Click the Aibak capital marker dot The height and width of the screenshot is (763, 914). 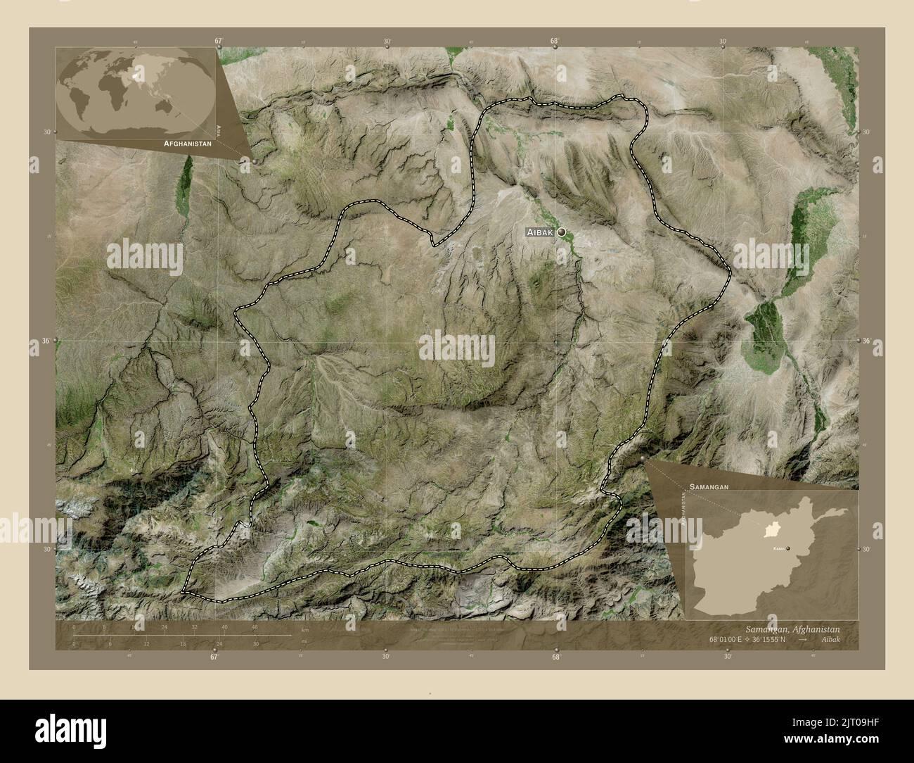562,232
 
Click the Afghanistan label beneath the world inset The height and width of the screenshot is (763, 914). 187,143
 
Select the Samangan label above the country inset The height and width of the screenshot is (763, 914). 709,486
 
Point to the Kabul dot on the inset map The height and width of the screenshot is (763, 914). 788,548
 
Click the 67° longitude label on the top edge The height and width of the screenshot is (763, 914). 218,42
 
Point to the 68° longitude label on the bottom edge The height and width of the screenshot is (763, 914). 555,657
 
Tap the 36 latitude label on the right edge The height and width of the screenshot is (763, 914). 866,341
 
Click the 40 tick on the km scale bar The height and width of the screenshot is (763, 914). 224,627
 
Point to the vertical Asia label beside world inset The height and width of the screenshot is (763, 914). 219,130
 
